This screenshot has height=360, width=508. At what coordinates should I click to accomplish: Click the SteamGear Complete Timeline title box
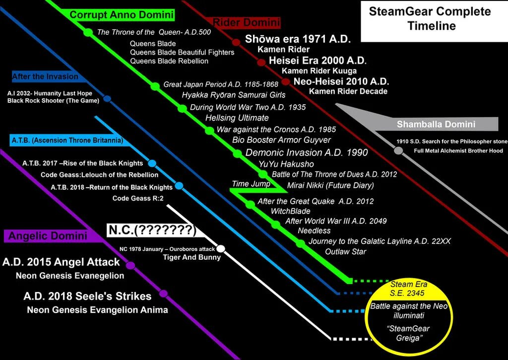pos(430,20)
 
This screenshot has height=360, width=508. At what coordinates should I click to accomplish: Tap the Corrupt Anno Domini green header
pos(122,15)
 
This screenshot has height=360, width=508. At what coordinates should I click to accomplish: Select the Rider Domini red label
pos(247,22)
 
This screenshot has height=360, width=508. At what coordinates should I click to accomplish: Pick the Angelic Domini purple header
pos(53,235)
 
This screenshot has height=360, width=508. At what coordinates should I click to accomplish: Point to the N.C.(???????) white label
pos(152,230)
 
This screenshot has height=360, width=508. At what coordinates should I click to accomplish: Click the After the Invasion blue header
pos(45,76)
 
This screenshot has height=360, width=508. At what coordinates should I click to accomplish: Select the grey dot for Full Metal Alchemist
pos(398,150)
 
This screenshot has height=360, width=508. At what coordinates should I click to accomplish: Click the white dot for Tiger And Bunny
pos(221,248)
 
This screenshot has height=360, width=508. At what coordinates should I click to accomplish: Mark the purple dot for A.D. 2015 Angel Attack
pos(130,266)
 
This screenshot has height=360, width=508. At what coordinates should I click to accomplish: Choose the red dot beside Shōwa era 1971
pos(237,41)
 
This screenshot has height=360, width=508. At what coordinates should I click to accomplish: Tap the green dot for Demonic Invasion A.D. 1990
pos(237,153)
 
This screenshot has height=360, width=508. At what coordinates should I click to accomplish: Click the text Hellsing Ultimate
pos(237,118)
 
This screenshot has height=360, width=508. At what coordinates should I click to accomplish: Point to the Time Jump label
pos(248,184)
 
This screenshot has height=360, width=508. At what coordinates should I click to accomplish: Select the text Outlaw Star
pos(345,252)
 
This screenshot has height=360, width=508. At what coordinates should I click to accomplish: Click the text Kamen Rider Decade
pos(348,91)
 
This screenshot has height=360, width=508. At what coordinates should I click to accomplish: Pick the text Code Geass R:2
pos(138,198)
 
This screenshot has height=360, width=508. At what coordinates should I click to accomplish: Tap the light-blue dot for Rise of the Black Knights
pos(152,163)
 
